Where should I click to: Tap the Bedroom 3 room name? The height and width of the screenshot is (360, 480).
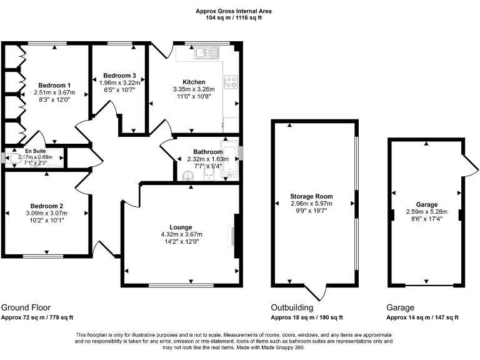pos(119,76)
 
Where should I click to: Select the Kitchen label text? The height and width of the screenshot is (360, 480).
pos(194,82)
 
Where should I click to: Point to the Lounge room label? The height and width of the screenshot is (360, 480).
pos(181,227)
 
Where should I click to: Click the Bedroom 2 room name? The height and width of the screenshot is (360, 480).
pos(47,206)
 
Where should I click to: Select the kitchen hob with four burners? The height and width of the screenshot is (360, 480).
pos(230,81)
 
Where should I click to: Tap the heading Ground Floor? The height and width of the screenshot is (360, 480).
pos(26,307)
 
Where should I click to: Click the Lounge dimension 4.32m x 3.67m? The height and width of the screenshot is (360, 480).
pos(181,234)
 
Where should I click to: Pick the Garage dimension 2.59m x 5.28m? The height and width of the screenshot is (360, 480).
pos(427,212)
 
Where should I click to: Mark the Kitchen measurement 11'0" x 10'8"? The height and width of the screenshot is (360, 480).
pos(194,97)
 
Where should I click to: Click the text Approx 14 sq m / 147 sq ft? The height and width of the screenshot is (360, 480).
pos(422,318)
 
